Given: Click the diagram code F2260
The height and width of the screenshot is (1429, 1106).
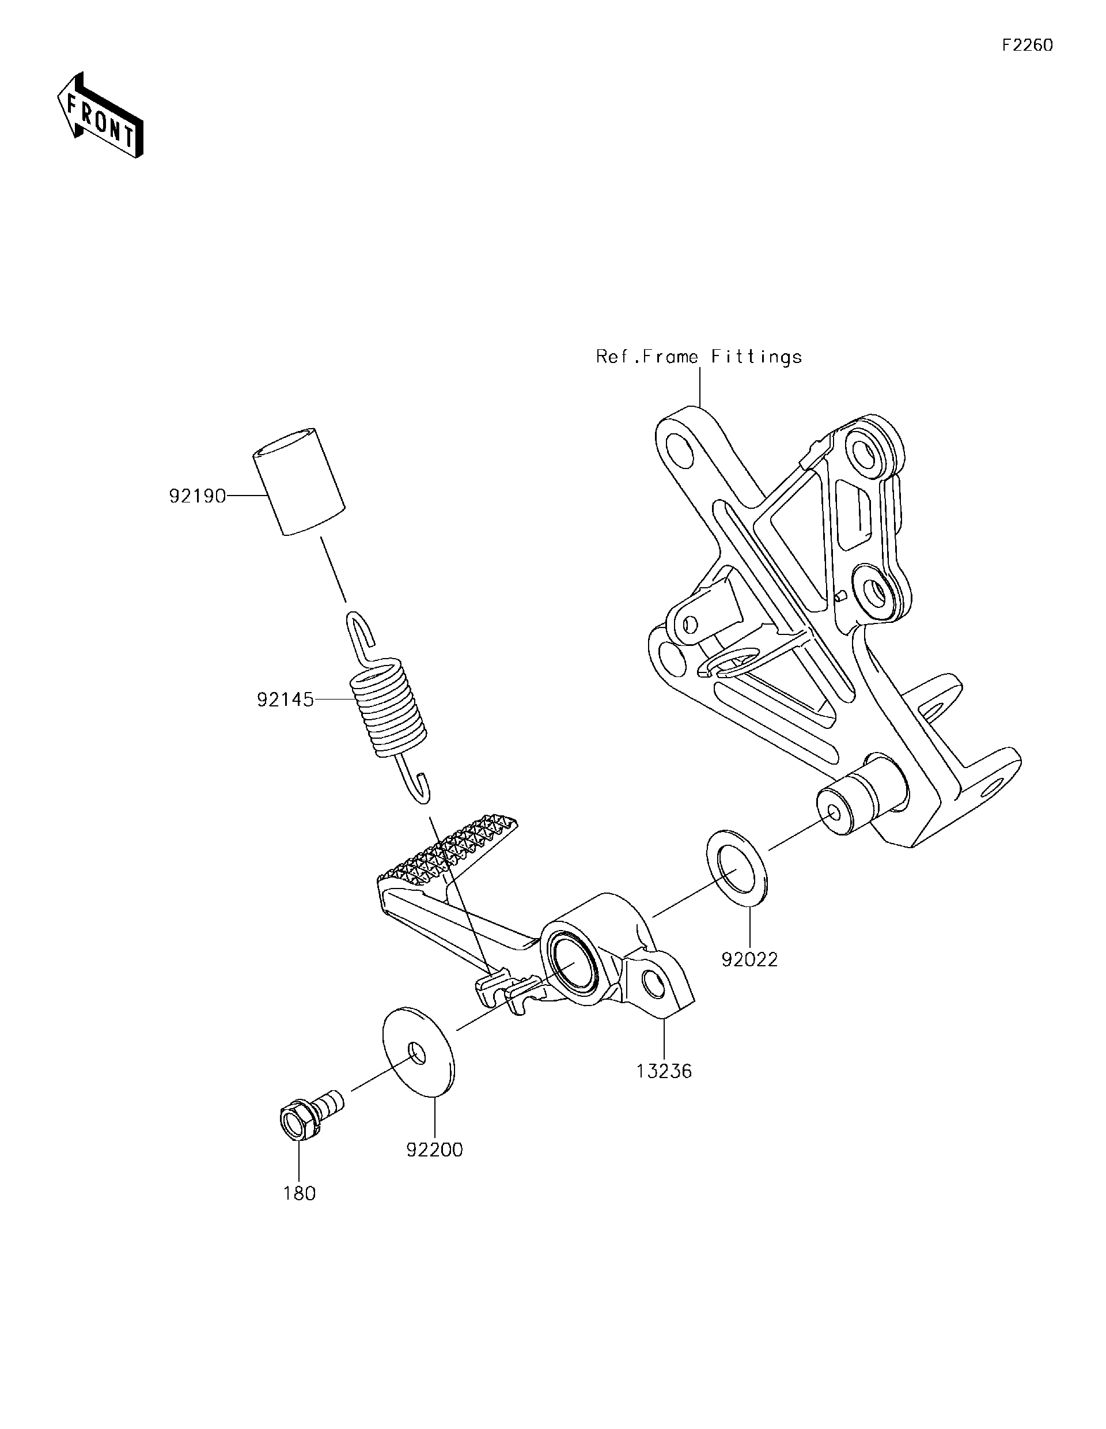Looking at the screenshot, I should (1028, 45).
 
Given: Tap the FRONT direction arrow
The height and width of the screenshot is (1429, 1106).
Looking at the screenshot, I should (100, 116).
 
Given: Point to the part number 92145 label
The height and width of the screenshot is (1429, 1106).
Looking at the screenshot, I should (285, 701).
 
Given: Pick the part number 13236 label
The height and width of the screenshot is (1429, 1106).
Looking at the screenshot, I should (664, 1071).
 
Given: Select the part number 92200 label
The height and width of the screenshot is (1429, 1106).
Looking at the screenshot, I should (434, 1150).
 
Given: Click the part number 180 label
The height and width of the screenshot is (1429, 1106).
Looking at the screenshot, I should (299, 1193).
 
